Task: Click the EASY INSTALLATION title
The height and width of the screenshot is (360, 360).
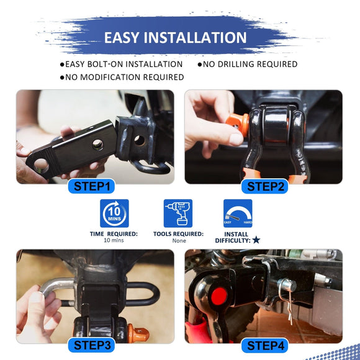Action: click(175, 37)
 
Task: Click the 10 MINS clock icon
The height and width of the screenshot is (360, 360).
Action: click(114, 214)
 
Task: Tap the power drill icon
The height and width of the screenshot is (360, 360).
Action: click(178, 214)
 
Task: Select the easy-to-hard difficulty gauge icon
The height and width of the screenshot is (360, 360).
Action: click(238, 214)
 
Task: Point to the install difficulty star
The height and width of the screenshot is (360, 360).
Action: click(256, 240)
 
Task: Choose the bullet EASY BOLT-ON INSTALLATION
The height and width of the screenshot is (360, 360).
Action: click(121, 64)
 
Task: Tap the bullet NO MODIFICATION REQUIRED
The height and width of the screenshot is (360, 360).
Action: click(122, 77)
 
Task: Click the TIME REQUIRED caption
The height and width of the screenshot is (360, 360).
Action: click(114, 234)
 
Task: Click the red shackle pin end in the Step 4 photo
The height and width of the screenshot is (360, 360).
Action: click(218, 296)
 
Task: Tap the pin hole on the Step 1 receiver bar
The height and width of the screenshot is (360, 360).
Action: click(98, 145)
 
